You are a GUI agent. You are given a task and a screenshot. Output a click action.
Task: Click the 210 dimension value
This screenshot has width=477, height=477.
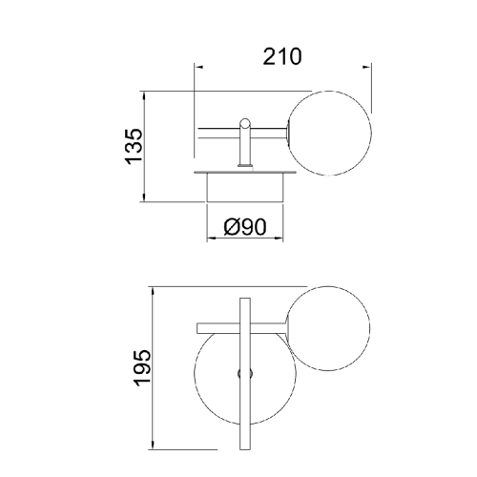[282, 56]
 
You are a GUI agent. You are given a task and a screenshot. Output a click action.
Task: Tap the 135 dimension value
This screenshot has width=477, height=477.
[134, 147]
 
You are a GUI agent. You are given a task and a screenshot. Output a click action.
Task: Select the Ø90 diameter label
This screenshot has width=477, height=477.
[245, 227]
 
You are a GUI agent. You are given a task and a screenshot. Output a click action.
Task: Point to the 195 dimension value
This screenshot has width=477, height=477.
[142, 368]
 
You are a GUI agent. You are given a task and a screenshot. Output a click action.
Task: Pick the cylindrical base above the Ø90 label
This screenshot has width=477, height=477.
[245, 188]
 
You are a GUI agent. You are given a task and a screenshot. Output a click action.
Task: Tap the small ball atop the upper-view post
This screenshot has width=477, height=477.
[245, 123]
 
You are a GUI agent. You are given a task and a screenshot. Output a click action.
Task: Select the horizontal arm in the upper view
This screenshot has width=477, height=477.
[242, 134]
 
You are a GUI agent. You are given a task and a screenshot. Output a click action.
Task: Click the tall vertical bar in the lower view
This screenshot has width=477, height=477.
[245, 374]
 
